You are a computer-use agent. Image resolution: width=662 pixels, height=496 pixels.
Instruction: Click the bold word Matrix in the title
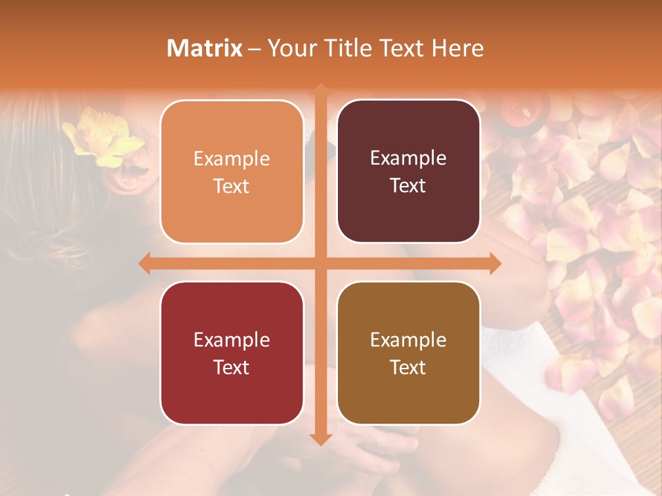[x=205, y=48]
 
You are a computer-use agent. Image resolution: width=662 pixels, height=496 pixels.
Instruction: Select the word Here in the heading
[x=458, y=48]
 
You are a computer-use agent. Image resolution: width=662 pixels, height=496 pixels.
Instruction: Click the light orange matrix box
[x=232, y=172]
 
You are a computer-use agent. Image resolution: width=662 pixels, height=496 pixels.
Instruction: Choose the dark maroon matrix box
[x=408, y=172]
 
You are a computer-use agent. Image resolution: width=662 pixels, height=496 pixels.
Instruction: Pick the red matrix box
[x=232, y=353]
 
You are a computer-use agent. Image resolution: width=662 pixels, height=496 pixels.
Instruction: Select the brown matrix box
[x=408, y=353]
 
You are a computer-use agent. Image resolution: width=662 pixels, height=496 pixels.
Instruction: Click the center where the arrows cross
[x=320, y=263]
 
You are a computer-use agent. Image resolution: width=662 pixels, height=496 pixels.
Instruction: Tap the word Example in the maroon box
[x=408, y=158]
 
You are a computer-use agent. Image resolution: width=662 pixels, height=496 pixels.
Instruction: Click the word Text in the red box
[x=232, y=367]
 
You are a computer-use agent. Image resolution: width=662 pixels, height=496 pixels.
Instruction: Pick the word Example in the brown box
[x=408, y=340]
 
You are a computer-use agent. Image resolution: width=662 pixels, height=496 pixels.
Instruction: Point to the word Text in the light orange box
[x=232, y=186]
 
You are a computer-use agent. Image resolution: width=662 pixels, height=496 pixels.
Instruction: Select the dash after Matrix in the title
[x=254, y=49]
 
